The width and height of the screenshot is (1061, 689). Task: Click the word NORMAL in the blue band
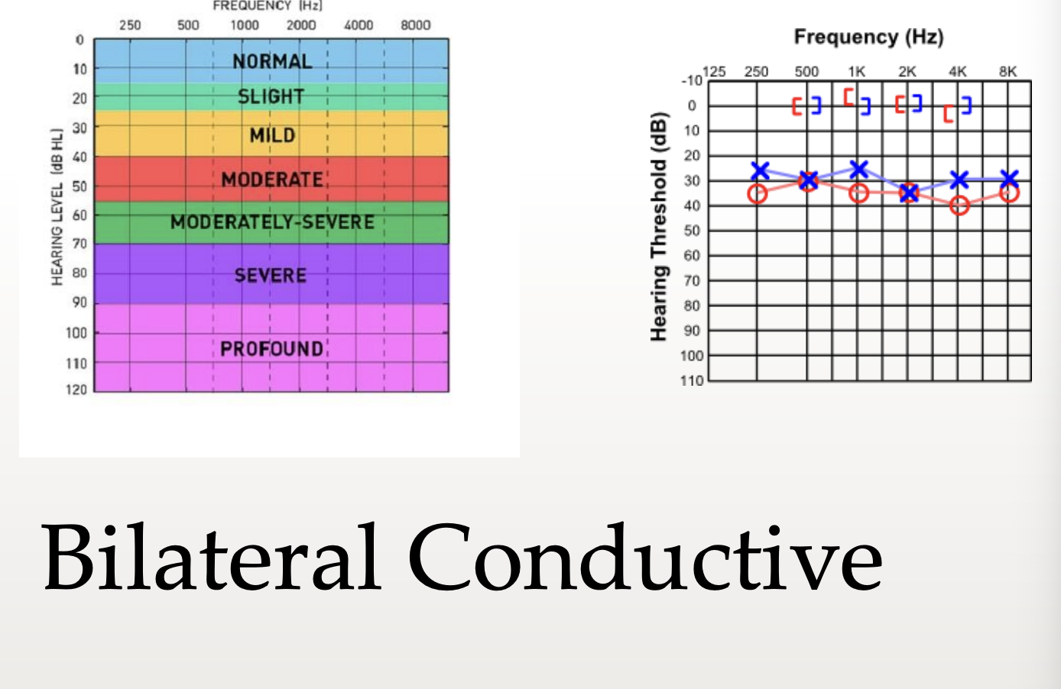tap(272, 62)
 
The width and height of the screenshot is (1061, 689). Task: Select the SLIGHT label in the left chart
tap(271, 96)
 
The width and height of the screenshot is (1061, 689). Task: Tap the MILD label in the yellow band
tap(273, 135)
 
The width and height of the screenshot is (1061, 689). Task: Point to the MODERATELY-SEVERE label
tap(272, 222)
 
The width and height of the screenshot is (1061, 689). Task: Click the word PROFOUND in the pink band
tap(272, 349)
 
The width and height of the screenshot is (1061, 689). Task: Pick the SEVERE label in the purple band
tap(271, 276)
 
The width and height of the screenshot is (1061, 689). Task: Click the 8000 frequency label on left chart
tap(415, 25)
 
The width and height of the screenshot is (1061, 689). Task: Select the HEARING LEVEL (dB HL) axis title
tap(57, 207)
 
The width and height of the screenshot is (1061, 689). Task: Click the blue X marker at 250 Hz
tap(761, 170)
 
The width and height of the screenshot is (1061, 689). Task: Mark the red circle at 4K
tap(959, 205)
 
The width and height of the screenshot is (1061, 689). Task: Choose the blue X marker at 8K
tap(1010, 179)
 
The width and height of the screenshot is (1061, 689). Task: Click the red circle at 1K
tap(858, 192)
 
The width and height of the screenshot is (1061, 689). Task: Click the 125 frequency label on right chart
tap(714, 72)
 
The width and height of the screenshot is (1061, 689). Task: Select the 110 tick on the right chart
tap(692, 380)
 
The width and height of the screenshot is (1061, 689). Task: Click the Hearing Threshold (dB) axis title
tap(659, 227)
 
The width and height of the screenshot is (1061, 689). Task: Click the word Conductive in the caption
tap(644, 557)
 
